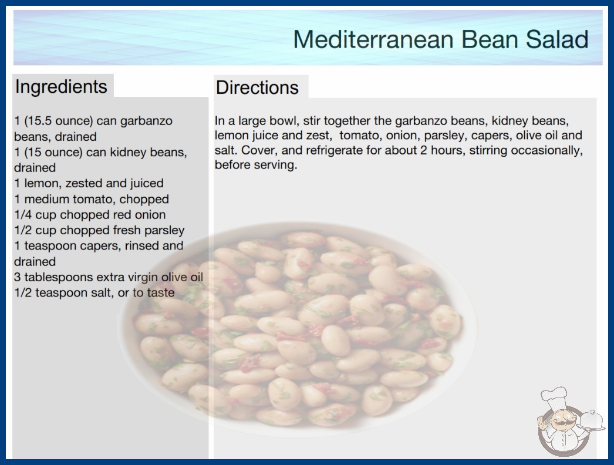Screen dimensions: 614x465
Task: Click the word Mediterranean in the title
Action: (x=375, y=39)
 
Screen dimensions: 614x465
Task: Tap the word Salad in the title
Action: (x=557, y=39)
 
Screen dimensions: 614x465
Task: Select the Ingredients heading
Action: (x=61, y=87)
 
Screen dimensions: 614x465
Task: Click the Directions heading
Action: (x=257, y=87)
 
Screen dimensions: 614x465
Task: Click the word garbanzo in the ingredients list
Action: (x=146, y=121)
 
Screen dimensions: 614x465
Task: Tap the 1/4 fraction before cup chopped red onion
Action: (x=23, y=215)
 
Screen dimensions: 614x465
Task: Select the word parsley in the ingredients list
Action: (x=164, y=230)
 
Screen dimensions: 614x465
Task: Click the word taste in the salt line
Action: (x=161, y=293)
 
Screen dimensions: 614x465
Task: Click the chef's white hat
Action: (x=554, y=397)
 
